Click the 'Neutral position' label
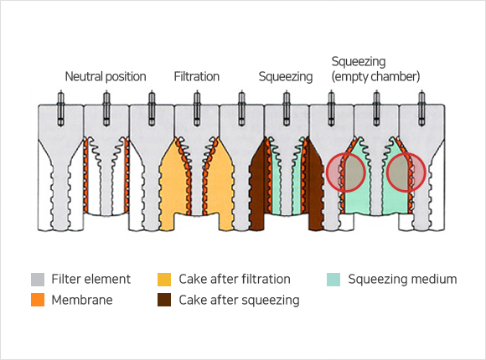pyautogui.click(x=106, y=76)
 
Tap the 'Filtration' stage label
pyautogui.click(x=197, y=76)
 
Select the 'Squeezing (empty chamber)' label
pyautogui.click(x=375, y=69)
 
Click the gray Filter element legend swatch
pyautogui.click(x=38, y=279)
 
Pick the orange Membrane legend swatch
pyautogui.click(x=38, y=300)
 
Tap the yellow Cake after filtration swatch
pyautogui.click(x=164, y=279)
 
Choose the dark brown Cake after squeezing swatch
pyautogui.click(x=164, y=300)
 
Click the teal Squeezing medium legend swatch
pyautogui.click(x=333, y=279)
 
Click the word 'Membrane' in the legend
pyautogui.click(x=82, y=300)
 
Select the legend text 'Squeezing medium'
pyautogui.click(x=402, y=279)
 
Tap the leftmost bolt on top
pyautogui.click(x=61, y=109)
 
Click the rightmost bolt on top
pyautogui.click(x=421, y=109)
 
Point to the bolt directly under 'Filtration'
pyautogui.click(x=197, y=109)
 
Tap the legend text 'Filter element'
pyautogui.click(x=90, y=279)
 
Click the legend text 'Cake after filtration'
pyautogui.click(x=235, y=279)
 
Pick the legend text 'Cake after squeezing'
pyautogui.click(x=239, y=300)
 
